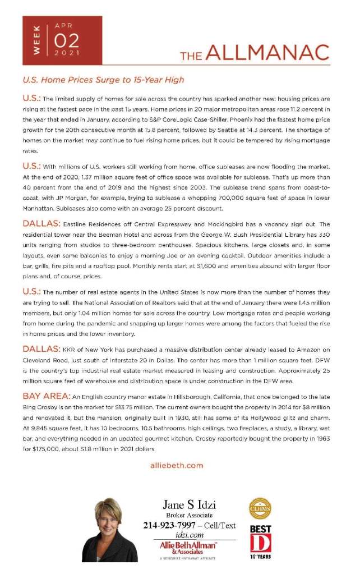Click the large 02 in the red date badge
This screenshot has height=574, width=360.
coord(67,40)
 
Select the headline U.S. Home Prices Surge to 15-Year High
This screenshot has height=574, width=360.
coord(103,80)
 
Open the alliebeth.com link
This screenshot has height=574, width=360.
coord(177,465)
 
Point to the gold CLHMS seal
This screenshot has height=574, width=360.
coord(260,508)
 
